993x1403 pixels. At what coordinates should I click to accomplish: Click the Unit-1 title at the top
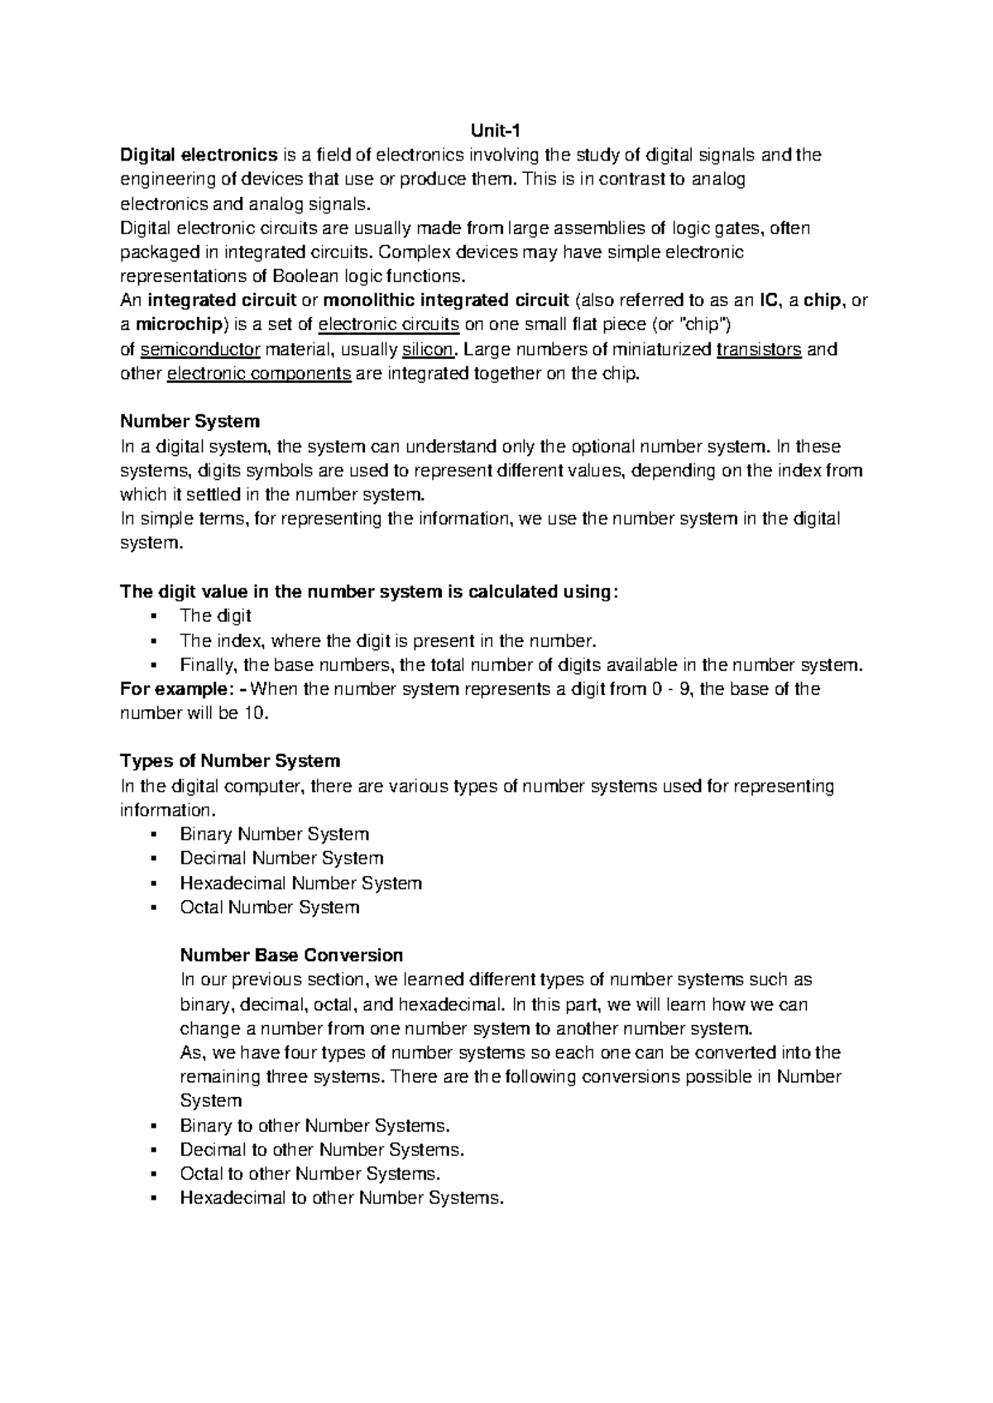click(x=496, y=130)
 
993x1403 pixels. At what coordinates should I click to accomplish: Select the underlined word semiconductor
click(x=201, y=349)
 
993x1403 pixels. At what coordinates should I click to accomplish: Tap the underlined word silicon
click(x=427, y=349)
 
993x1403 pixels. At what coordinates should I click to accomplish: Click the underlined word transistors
click(x=759, y=349)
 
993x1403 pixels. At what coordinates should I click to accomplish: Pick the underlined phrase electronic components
click(x=260, y=373)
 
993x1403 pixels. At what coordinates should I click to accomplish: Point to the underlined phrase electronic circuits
click(x=388, y=324)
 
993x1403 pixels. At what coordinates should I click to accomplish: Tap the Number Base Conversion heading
click(x=291, y=955)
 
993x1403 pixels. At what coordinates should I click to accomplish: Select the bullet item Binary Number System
click(x=274, y=834)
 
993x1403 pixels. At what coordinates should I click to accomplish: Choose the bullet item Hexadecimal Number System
click(x=300, y=883)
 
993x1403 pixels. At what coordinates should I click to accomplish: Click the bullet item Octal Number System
click(x=269, y=907)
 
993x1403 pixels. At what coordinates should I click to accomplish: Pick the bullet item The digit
click(x=215, y=616)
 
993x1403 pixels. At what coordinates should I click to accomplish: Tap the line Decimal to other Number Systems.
click(x=322, y=1150)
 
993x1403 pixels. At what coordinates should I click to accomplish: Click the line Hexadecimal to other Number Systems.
click(x=341, y=1198)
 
